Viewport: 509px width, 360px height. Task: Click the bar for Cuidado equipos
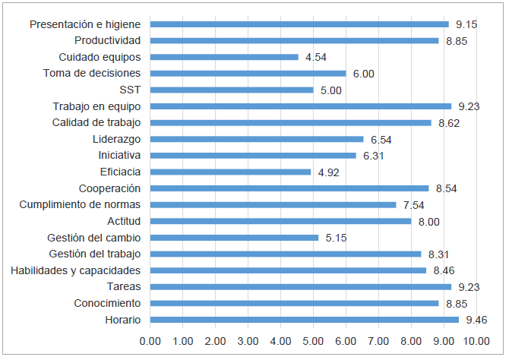tap(224, 57)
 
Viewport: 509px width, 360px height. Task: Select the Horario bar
tap(305, 320)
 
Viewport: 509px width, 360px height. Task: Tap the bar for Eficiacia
tap(231, 172)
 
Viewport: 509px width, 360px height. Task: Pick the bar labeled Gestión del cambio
tap(235, 238)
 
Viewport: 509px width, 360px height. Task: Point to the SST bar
tap(232, 90)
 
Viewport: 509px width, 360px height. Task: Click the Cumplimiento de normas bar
tap(273, 204)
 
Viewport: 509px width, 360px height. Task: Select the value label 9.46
tap(477, 320)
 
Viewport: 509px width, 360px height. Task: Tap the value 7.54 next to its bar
tap(414, 205)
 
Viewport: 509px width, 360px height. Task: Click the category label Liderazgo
tap(116, 139)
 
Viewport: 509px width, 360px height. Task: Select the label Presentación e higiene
tap(85, 24)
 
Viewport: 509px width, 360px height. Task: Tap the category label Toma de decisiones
tap(92, 73)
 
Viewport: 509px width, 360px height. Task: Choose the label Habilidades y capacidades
tap(76, 270)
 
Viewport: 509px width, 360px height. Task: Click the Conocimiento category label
tap(107, 303)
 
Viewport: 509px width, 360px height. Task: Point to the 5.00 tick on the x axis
tap(314, 341)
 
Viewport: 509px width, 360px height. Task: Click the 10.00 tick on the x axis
tap(476, 341)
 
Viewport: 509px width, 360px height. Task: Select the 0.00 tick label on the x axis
tap(150, 341)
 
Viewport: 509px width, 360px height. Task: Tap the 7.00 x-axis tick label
tap(379, 341)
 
